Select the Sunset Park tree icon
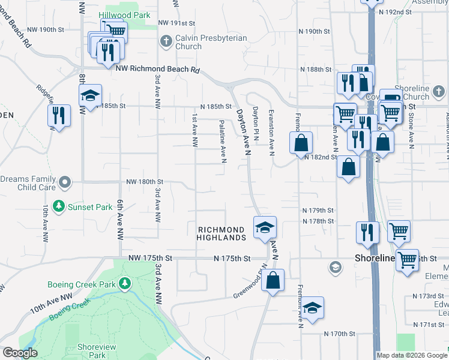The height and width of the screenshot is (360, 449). (x=59, y=207)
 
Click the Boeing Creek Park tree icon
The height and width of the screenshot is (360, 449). (x=125, y=283)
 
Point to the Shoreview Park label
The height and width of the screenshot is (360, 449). (x=92, y=351)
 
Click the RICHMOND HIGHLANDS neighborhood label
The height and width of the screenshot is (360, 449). (x=221, y=233)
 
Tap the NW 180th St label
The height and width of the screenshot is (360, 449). (x=145, y=181)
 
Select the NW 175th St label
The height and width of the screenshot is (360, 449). (x=150, y=258)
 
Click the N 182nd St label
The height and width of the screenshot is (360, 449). (x=320, y=157)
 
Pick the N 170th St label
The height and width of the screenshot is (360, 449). (x=340, y=334)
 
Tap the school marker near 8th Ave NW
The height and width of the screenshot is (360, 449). (x=91, y=96)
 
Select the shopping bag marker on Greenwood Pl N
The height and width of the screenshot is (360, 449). (x=273, y=280)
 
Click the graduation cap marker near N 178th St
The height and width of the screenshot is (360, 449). (x=265, y=227)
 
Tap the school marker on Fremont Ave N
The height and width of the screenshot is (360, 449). (x=312, y=308)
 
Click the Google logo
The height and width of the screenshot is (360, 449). (x=20, y=353)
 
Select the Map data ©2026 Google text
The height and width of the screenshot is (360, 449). (x=412, y=355)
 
